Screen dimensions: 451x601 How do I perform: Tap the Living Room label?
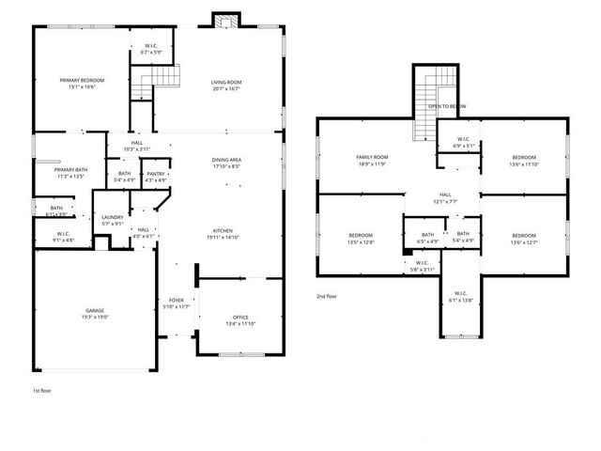click(x=225, y=83)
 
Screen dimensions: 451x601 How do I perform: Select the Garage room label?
click(x=96, y=310)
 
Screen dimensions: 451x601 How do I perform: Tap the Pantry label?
click(x=155, y=174)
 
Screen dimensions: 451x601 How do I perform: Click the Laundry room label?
click(x=112, y=217)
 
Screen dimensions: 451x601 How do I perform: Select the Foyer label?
click(x=177, y=300)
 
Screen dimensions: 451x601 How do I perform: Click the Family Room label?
click(x=372, y=157)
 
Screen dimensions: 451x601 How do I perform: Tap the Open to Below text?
click(x=447, y=107)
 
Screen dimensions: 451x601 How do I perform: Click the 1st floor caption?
click(x=42, y=388)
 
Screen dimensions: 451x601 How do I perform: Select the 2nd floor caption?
click(x=327, y=296)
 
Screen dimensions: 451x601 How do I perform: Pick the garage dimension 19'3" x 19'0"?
click(x=96, y=317)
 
